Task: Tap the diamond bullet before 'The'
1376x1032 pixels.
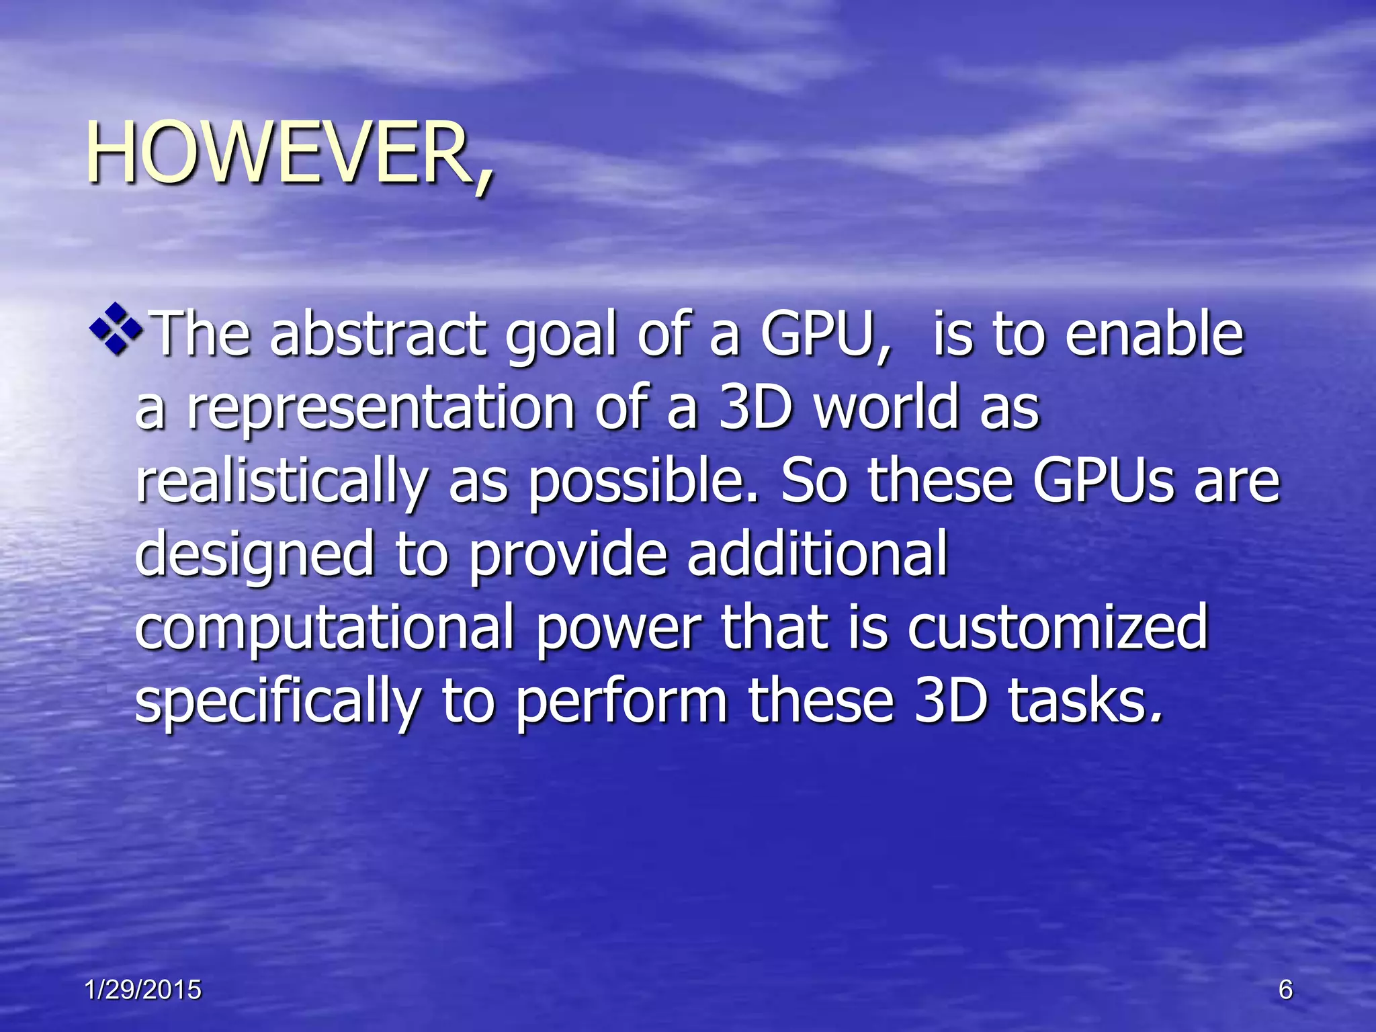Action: coord(116,329)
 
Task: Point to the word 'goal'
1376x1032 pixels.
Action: coord(561,336)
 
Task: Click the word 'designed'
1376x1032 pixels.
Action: coord(255,556)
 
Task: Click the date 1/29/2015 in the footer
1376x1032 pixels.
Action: coord(143,990)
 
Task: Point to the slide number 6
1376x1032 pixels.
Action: coord(1285,990)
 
